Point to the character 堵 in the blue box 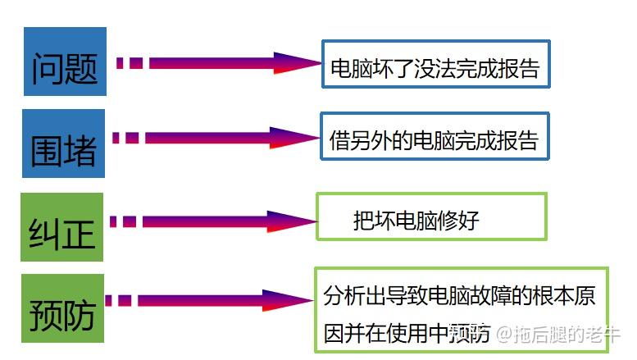80,150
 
